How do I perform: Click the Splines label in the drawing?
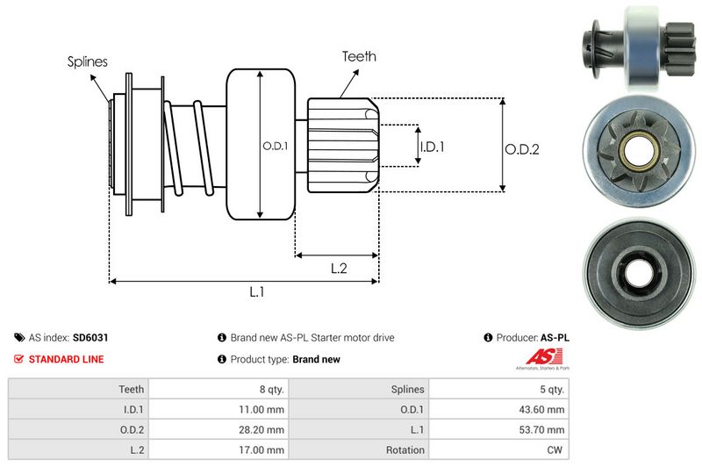click(87, 61)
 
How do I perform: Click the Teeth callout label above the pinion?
click(359, 56)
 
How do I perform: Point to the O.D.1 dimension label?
click(275, 146)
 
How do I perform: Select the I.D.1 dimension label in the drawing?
click(432, 147)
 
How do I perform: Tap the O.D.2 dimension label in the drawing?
click(521, 149)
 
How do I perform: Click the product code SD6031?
click(90, 337)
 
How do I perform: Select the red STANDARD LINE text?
click(66, 359)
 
